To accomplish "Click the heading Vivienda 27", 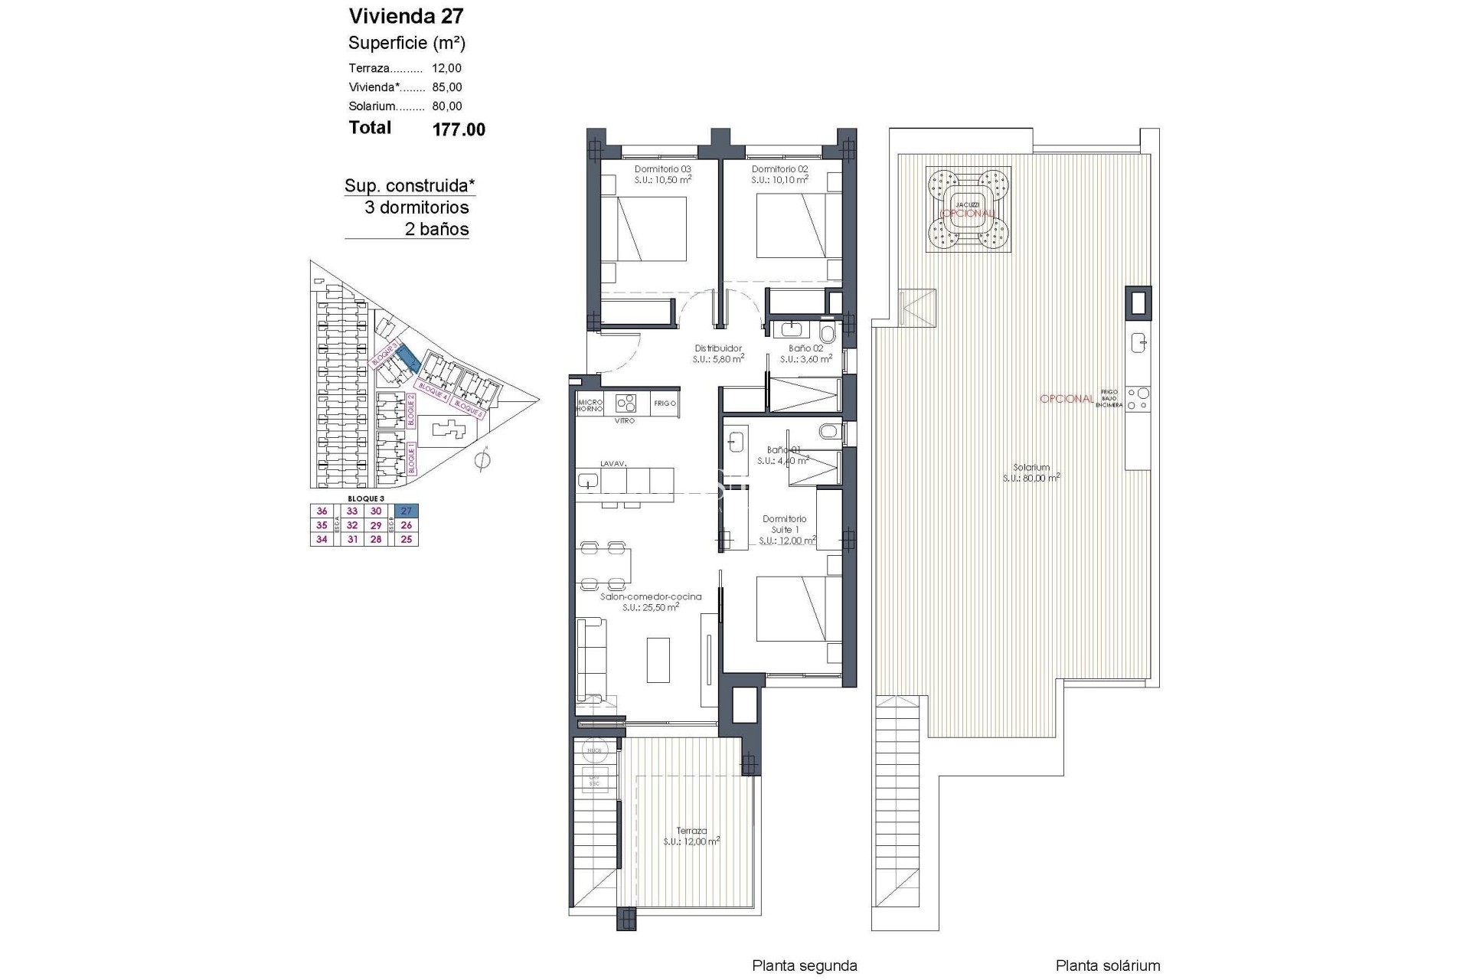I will point(406,16).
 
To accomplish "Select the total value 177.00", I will point(459,130).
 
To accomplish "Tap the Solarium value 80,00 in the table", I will point(447,106).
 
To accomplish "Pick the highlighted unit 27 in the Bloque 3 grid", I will point(407,511).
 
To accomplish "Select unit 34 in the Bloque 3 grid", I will point(322,539).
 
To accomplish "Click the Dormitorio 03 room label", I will point(662,169).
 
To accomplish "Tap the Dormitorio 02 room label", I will point(779,169).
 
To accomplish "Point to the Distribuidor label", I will point(718,348).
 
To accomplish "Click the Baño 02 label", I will point(805,348).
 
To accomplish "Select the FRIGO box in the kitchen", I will point(665,403).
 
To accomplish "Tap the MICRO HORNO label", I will point(590,405).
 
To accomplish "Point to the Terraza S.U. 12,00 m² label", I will point(691,835).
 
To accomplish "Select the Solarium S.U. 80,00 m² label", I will point(1031,472).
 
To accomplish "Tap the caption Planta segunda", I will point(804,966).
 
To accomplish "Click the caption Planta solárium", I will point(1107,966).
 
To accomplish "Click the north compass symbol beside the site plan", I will point(482,461).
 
